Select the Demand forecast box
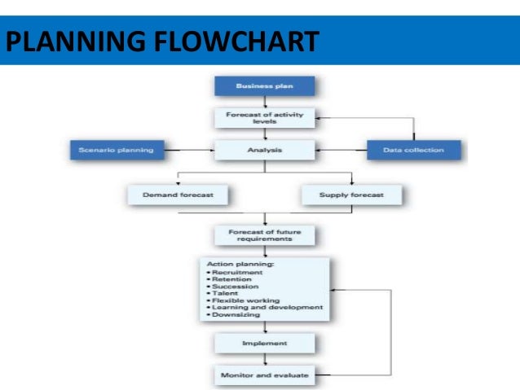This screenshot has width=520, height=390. point(177,195)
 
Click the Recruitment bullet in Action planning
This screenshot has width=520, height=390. point(237,272)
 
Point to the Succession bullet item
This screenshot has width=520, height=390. point(236,286)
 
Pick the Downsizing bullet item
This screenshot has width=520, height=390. point(237,314)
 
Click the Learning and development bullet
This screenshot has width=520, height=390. point(264,307)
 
